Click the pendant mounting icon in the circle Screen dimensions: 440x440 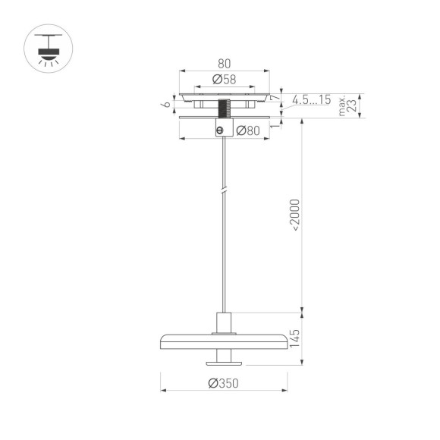48,50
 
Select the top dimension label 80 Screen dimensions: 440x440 223,64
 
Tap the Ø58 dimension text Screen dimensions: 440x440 223,80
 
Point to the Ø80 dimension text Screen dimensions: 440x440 247,130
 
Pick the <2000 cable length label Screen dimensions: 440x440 294,214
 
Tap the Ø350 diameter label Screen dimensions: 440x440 223,384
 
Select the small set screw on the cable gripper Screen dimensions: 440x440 220,130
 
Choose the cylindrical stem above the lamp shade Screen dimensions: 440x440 223,322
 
